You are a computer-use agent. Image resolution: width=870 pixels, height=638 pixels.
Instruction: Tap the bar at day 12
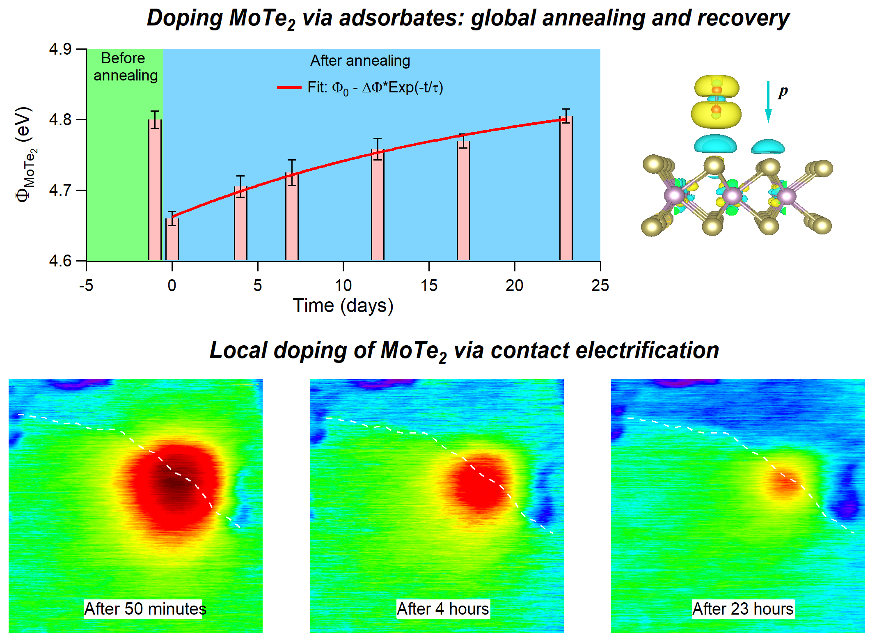click(x=378, y=205)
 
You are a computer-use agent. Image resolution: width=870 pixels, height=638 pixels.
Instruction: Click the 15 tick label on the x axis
click(x=429, y=285)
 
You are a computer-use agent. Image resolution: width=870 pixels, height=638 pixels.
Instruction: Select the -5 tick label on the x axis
click(x=86, y=285)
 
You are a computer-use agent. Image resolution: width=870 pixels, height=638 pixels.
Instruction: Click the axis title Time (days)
click(x=343, y=306)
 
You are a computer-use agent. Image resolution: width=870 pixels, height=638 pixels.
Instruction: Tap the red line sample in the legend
click(x=289, y=87)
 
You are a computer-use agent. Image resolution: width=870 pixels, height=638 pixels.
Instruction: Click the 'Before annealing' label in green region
click(x=125, y=67)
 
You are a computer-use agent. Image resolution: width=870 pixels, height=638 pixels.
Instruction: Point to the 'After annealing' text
click(x=360, y=61)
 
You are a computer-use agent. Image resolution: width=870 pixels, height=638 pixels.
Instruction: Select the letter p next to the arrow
click(x=783, y=92)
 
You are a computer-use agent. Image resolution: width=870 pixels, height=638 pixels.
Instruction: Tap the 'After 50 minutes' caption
click(x=144, y=609)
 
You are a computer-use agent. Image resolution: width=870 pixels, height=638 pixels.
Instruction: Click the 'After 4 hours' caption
click(x=443, y=609)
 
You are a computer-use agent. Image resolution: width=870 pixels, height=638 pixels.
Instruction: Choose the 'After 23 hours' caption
click(x=743, y=609)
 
